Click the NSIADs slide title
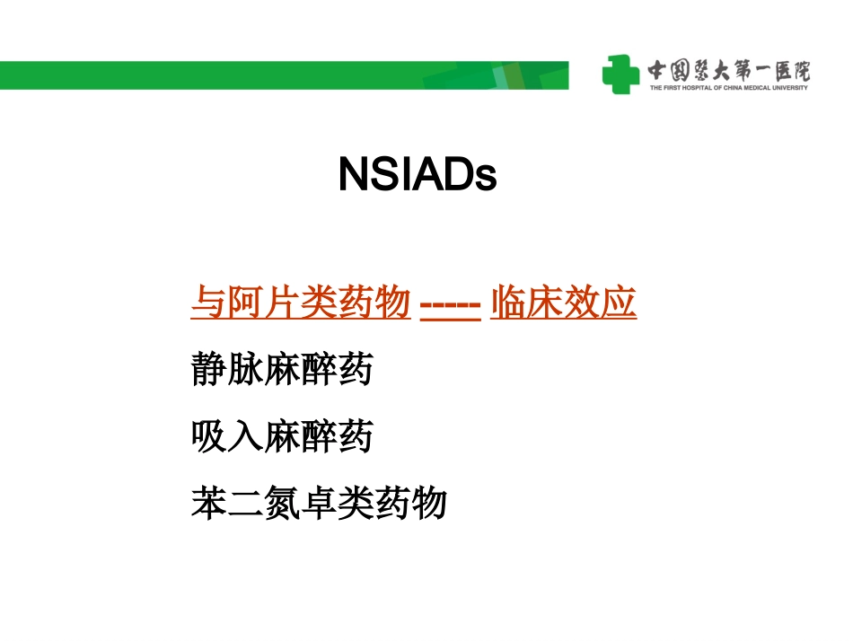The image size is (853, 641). point(418,175)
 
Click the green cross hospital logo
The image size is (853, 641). point(620,74)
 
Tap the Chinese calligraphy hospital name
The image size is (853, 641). point(727,68)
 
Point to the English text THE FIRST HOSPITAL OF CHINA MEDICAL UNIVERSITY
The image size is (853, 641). point(727,87)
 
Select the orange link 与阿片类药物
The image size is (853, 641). point(301,303)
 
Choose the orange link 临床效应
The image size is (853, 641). point(563,303)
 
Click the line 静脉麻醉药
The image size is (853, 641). point(282,370)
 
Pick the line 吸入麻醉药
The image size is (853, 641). point(282,437)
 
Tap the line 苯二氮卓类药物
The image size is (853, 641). point(319,504)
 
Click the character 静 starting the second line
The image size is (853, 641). point(209,370)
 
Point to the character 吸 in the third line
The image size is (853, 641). point(209,437)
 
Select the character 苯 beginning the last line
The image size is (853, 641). point(209,504)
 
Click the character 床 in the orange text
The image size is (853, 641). point(545,303)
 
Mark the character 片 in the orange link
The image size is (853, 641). point(282,303)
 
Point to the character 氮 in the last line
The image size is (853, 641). point(282,504)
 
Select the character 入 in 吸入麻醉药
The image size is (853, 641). point(245,437)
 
